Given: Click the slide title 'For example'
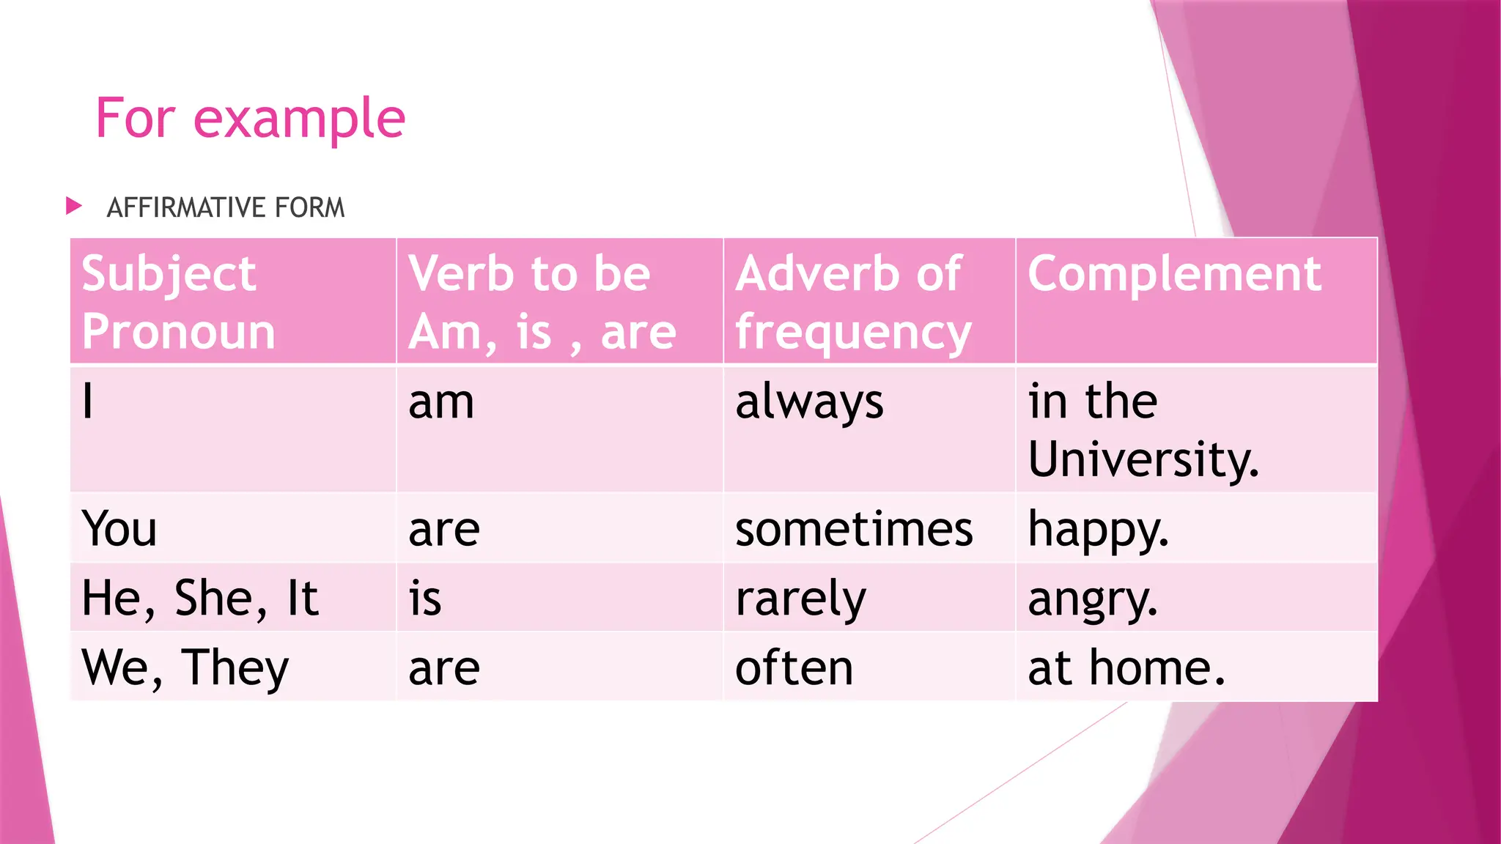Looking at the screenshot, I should (x=250, y=119).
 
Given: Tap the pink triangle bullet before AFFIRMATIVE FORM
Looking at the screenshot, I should (x=73, y=206).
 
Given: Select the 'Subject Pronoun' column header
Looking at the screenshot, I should (x=178, y=302).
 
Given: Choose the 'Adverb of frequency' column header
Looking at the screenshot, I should (x=852, y=302).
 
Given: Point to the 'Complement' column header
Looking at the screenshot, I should (x=1174, y=274).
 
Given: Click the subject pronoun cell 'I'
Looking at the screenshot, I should (x=88, y=401).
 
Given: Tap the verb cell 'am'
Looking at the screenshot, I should (x=441, y=403).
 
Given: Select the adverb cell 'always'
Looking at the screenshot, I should (x=809, y=403).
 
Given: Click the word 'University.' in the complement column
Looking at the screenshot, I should (x=1143, y=460).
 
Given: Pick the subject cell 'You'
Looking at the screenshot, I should (x=119, y=528).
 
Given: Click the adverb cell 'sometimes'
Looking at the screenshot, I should (x=854, y=529).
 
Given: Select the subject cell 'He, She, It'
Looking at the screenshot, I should (x=199, y=598).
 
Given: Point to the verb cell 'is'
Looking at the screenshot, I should (x=425, y=598).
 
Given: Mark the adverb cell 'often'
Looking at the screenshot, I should (x=794, y=667).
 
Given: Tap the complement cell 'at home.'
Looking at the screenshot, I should (x=1126, y=667).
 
